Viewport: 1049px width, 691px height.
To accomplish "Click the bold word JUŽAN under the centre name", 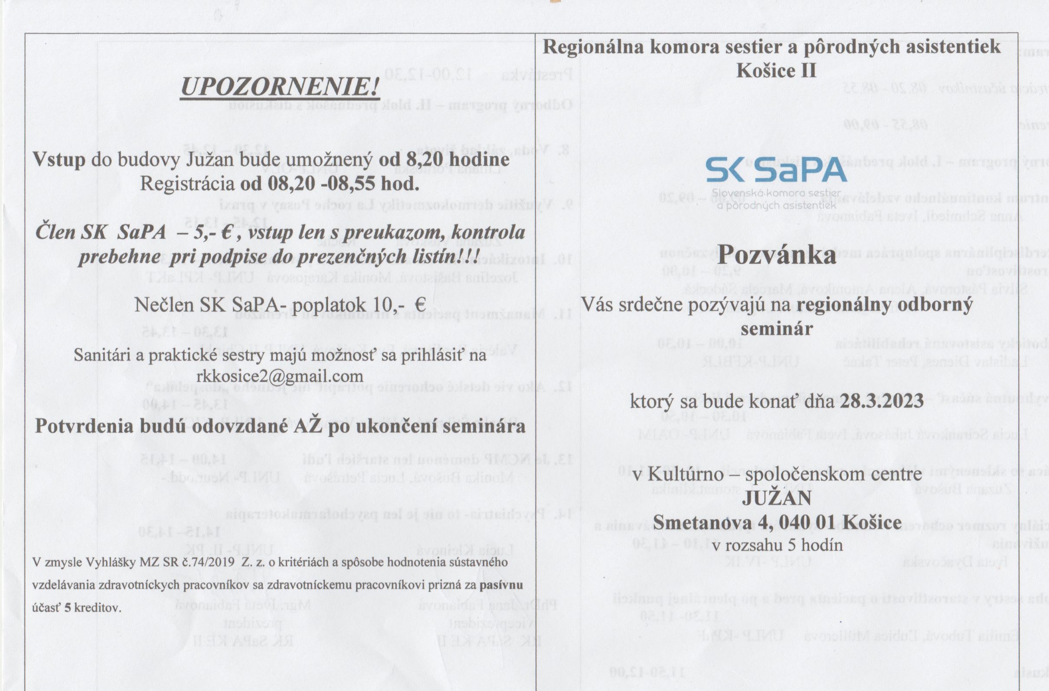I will [x=776, y=499].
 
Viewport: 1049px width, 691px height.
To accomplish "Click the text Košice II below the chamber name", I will [x=776, y=70].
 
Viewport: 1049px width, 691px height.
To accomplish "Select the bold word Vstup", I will [x=60, y=160].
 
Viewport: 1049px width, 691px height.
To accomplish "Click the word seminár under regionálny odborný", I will [x=776, y=328].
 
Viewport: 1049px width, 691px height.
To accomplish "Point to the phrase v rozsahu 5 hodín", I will [x=777, y=546].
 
